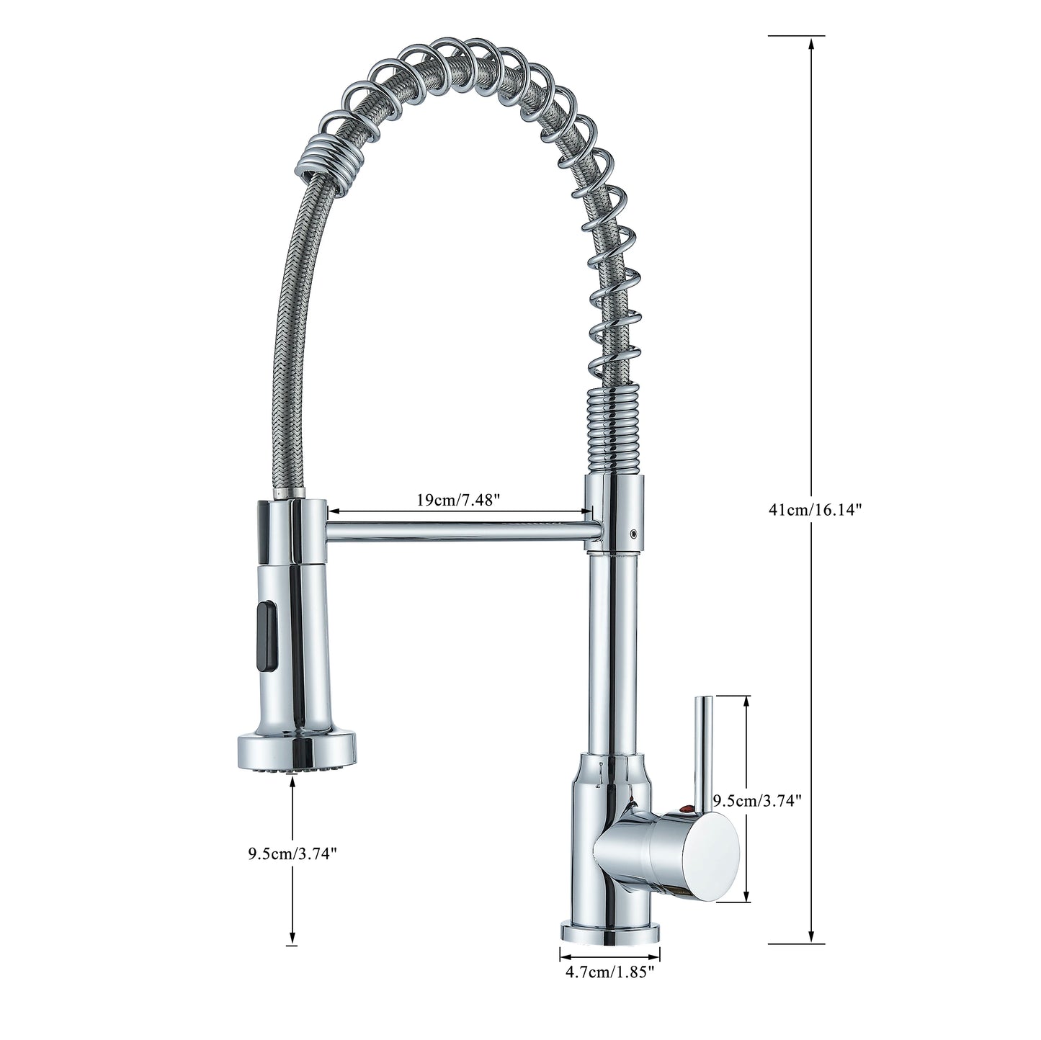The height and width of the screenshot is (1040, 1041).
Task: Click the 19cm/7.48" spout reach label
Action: coord(458,500)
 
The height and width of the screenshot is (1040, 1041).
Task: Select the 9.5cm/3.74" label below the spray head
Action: coord(292,854)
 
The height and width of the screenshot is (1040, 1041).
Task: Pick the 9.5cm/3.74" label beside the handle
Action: coord(757,800)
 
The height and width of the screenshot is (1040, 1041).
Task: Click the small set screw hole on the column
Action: coord(633,535)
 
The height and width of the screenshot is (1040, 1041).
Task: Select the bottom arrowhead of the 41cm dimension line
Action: coord(813,936)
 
